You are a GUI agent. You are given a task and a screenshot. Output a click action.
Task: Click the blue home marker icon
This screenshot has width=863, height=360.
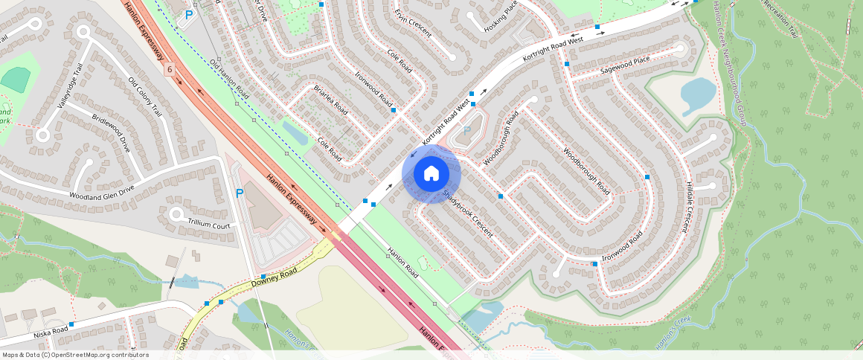[431, 174]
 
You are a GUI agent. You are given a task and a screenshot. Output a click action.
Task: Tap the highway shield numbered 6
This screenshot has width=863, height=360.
[170, 69]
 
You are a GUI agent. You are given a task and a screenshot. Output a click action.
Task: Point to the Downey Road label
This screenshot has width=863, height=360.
[274, 278]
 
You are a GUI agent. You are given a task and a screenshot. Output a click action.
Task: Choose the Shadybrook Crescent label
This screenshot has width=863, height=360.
[468, 213]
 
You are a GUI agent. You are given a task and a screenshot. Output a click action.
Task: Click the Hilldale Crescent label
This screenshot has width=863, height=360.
[690, 208]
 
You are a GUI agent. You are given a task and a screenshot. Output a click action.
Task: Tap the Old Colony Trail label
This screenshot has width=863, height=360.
[144, 97]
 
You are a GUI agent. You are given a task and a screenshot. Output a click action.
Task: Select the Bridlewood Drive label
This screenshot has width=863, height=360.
[111, 134]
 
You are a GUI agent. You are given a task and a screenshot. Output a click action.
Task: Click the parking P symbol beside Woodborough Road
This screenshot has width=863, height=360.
[467, 131]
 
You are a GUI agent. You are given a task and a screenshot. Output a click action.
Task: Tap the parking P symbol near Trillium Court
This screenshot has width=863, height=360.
[240, 193]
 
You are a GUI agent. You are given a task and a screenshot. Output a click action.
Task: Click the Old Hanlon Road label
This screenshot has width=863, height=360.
[228, 80]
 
